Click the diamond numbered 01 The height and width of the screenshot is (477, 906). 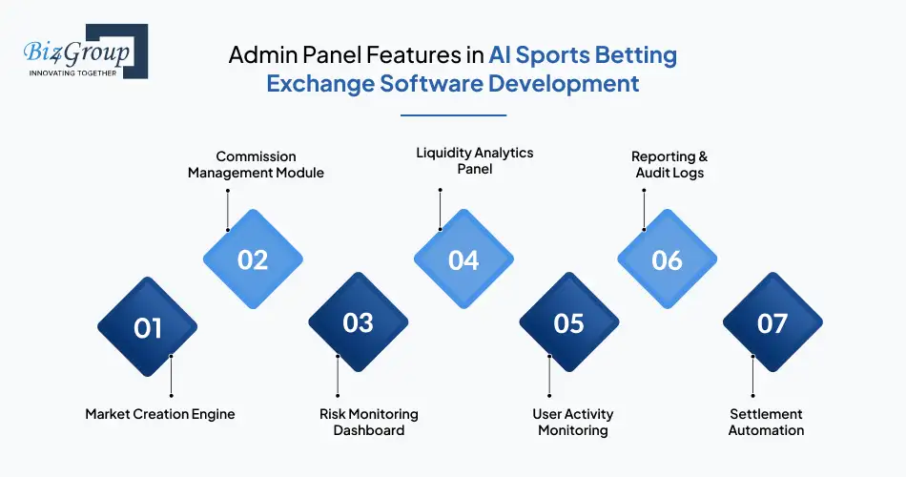[148, 327]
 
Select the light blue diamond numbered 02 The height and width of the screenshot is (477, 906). [253, 259]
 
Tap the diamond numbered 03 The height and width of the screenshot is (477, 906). [358, 322]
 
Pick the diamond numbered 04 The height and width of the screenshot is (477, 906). [463, 259]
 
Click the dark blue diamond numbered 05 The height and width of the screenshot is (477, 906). [568, 322]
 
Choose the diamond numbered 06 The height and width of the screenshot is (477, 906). [668, 259]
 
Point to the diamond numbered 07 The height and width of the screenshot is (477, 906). [772, 322]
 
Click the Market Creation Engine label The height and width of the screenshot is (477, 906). [160, 414]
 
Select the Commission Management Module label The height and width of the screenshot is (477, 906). [256, 164]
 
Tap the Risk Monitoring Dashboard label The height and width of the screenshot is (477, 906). [368, 422]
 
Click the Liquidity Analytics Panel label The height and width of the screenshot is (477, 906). [475, 160]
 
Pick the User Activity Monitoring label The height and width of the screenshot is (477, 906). [572, 422]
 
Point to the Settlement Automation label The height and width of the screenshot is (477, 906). [767, 422]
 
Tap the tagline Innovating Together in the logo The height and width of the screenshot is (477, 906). [72, 73]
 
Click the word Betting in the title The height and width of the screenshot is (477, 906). [633, 54]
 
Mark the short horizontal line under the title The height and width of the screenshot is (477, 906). [453, 115]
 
